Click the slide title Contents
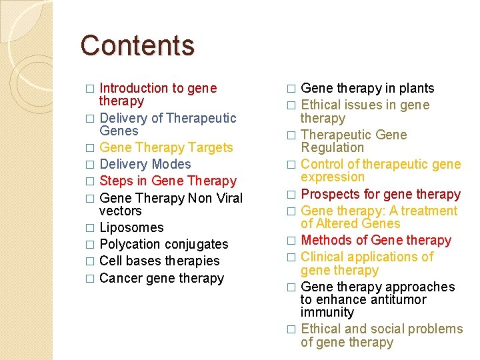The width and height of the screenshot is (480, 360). (137, 45)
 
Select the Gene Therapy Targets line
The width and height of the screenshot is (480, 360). (166, 147)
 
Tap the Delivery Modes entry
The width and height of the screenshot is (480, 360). (145, 164)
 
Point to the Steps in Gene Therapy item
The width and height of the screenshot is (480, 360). (168, 181)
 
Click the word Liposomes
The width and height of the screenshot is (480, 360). (131, 227)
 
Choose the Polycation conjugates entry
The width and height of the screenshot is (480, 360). (163, 244)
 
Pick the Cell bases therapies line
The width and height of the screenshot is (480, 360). (159, 261)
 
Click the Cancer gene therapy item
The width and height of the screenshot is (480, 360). (161, 278)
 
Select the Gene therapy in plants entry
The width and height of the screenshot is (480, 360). (367, 88)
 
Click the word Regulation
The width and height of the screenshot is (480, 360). (333, 147)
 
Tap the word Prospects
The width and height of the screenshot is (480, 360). (330, 194)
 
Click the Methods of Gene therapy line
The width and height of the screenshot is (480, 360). (376, 240)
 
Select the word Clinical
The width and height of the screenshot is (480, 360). (323, 257)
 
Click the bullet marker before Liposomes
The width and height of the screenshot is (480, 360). (89, 228)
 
